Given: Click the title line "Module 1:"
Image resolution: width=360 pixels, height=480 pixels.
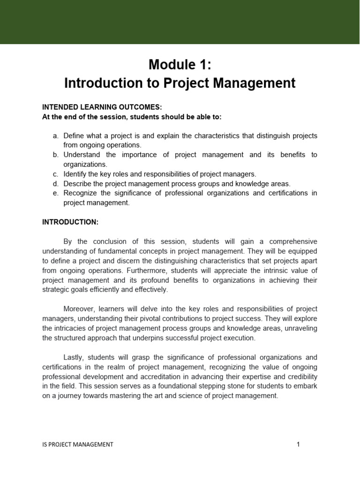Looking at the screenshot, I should pos(180,65).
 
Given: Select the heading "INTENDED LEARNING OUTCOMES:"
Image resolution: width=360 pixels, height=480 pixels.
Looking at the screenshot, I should pos(102,107).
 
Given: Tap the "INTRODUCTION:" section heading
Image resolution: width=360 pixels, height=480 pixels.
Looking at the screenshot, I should pos(70,222).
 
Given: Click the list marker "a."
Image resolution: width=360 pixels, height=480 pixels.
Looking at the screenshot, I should pos(55,135).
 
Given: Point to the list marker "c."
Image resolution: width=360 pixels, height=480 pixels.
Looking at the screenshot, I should pos(55,174).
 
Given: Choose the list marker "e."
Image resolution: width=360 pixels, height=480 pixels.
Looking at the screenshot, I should pos(55,193).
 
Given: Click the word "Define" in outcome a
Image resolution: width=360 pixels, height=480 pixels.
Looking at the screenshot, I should pos(74,135).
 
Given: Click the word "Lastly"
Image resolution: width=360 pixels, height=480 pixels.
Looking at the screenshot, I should pos(73,357).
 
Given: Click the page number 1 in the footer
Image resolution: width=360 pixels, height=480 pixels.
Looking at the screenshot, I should pos(298,444).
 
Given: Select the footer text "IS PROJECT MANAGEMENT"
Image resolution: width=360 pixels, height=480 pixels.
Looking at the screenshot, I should pos(77,444).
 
